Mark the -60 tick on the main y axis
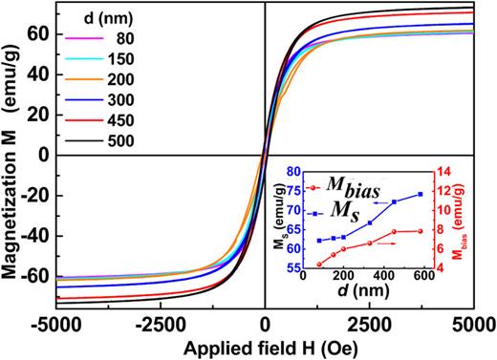(32, 277)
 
